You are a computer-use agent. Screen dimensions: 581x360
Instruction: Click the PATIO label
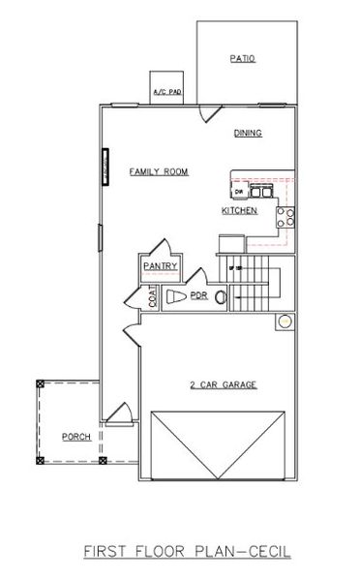(242, 59)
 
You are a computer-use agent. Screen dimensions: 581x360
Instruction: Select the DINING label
(249, 134)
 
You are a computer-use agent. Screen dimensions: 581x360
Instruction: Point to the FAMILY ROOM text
(159, 171)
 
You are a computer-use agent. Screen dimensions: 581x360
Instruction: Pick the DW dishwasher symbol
(238, 192)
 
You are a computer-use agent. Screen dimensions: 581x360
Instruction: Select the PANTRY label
(158, 264)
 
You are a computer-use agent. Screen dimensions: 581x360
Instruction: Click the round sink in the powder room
(221, 295)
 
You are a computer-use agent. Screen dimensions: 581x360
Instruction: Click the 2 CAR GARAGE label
(223, 384)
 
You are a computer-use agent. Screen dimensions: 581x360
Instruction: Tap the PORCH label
(75, 437)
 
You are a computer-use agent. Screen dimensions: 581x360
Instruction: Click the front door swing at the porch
(119, 414)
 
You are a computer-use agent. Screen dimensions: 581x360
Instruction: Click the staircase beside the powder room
(254, 281)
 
